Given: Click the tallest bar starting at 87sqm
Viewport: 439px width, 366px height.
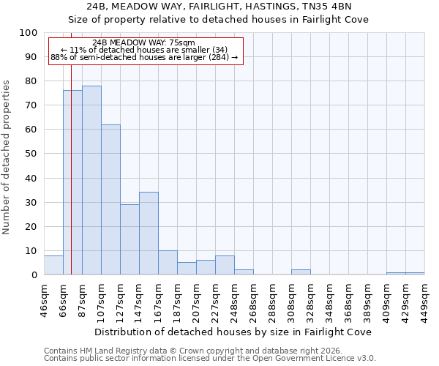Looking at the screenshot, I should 91,180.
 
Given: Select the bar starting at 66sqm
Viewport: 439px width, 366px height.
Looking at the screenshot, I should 72,182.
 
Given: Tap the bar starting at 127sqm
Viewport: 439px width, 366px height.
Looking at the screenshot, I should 130,239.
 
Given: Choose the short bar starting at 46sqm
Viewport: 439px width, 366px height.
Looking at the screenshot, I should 53,265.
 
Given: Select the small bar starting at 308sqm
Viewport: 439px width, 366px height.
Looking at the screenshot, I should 301,272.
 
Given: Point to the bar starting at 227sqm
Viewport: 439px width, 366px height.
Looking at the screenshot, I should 225,265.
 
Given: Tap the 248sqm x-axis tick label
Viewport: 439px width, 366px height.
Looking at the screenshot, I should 235,300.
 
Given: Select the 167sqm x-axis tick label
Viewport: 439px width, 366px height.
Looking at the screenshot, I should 159,300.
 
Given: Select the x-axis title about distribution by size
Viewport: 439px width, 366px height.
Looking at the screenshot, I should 233,332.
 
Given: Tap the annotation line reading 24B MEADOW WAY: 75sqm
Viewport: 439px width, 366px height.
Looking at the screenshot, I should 144,42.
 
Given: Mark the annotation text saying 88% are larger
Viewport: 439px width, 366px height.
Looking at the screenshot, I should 144,57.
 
